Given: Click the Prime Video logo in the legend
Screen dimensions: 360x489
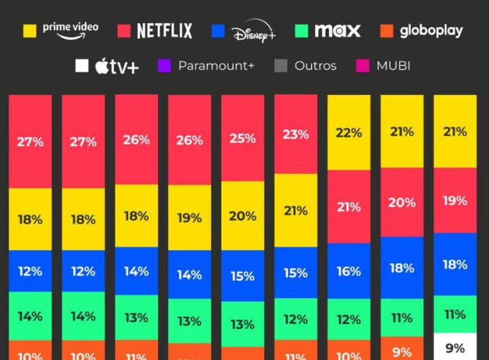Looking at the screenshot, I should pos(70,30).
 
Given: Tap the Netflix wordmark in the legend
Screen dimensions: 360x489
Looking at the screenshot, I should pos(164,31).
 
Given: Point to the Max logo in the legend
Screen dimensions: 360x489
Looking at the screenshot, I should pos(338,31).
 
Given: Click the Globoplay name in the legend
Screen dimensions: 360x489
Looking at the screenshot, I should pos(431,31).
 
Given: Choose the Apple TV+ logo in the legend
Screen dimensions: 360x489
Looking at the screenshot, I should pos(117,66).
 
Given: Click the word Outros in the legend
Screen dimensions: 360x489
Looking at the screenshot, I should pos(315,66).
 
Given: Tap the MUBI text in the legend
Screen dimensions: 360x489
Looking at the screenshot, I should pos(393,66).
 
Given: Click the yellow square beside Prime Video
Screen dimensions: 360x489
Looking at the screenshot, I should pos(30,31).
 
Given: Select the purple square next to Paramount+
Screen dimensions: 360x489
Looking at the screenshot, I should pos(164,66).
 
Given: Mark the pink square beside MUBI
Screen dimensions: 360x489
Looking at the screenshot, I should pos(363,66).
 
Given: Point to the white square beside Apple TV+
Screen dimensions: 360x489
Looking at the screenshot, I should pos(81,66).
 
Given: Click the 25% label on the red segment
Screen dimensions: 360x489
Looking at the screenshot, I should pos(242,139).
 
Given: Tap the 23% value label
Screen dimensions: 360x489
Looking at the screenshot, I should pos(295,134).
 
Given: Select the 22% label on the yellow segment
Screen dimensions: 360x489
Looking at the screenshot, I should pos(348,133).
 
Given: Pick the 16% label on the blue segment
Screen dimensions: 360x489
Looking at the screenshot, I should pos(348,271).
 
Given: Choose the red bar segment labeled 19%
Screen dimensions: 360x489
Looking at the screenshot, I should pos(454,200).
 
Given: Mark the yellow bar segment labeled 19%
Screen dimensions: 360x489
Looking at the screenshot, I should pos(189,219).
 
